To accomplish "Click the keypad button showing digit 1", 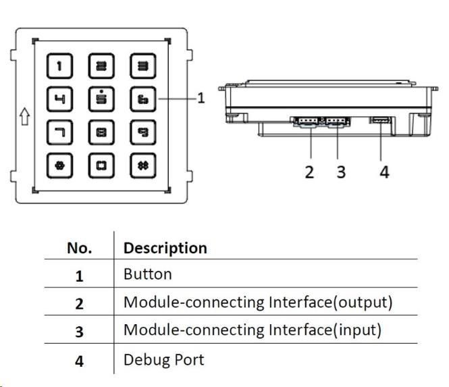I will click(59, 66).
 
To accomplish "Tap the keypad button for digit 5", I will click(101, 99).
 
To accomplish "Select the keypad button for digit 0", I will click(101, 165).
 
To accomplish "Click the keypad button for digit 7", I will click(59, 132).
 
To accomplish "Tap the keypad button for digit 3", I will click(142, 66).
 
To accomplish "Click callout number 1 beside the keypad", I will click(201, 99).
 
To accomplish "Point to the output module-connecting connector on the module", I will click(307, 122).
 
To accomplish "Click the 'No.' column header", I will click(79, 248).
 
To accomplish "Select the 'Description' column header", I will click(165, 248).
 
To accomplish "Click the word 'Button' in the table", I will click(147, 274).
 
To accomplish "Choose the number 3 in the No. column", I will click(79, 331).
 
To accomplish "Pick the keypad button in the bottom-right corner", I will click(142, 165).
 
